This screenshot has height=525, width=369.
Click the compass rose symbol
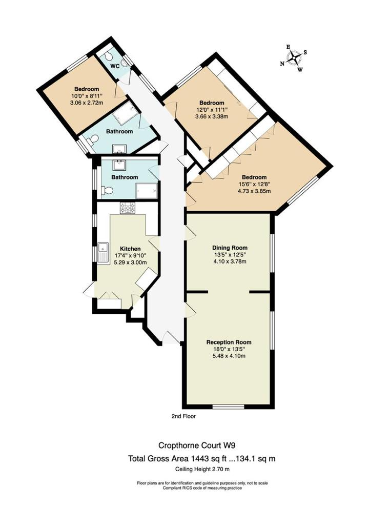(x=294, y=58)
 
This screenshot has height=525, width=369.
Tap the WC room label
(x=115, y=66)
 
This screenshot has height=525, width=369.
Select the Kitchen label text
(x=130, y=249)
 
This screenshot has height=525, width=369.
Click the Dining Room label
(x=230, y=248)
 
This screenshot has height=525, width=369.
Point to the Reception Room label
(x=229, y=342)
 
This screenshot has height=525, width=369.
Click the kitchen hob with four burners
(x=128, y=208)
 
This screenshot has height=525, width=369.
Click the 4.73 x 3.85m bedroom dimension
(x=252, y=191)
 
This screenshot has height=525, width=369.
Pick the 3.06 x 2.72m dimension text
(x=87, y=103)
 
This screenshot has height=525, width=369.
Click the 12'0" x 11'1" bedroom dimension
(x=212, y=110)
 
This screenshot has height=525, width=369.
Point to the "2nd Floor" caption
(x=183, y=416)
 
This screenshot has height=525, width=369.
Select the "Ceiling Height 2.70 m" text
(x=202, y=469)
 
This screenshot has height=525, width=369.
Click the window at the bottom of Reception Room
(x=229, y=407)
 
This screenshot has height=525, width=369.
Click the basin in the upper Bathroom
(x=119, y=148)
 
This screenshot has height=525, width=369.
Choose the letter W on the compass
(x=300, y=70)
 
